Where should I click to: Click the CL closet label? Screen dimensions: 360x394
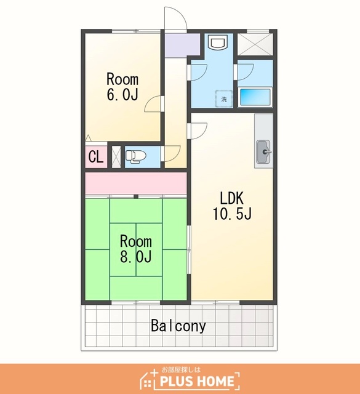pos(96,157)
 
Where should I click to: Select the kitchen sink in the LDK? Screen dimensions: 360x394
pos(263,151)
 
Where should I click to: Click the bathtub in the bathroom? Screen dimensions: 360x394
pos(255,97)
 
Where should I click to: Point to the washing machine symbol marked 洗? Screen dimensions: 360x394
pos(224,98)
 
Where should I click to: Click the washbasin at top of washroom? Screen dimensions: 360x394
pos(219,42)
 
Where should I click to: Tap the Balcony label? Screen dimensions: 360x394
pos(178,326)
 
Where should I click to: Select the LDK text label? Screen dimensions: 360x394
pos(232,198)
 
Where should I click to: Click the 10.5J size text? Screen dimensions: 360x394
pos(232,214)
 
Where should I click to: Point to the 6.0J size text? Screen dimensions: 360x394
pos(122,94)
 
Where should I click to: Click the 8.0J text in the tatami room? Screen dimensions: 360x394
pos(135,257)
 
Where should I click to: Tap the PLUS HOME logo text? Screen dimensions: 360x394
pos(197,381)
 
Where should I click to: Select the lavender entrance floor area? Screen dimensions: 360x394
pos(182,45)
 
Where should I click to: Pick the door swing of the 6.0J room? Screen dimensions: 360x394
pos(154,104)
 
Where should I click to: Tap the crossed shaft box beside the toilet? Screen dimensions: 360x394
pos(116,157)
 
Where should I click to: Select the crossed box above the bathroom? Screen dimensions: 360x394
pos(255,44)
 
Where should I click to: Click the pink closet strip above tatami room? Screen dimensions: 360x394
pos(136,183)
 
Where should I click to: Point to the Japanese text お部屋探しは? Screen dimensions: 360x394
pos(181,369)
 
